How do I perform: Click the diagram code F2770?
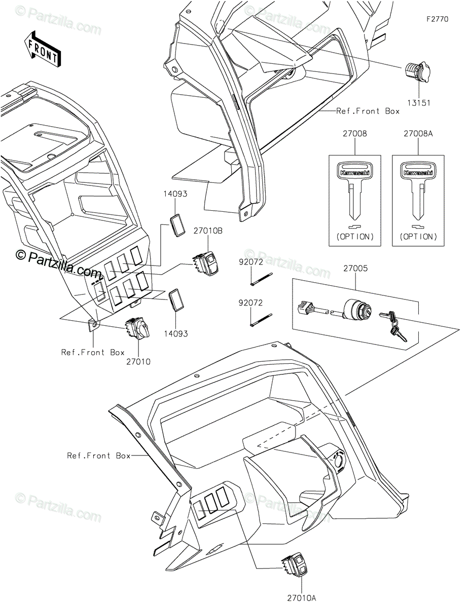click(437, 19)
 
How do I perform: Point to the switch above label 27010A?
click(295, 564)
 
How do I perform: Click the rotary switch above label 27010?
click(136, 330)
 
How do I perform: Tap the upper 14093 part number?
click(175, 194)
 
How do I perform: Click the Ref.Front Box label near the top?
click(368, 111)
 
